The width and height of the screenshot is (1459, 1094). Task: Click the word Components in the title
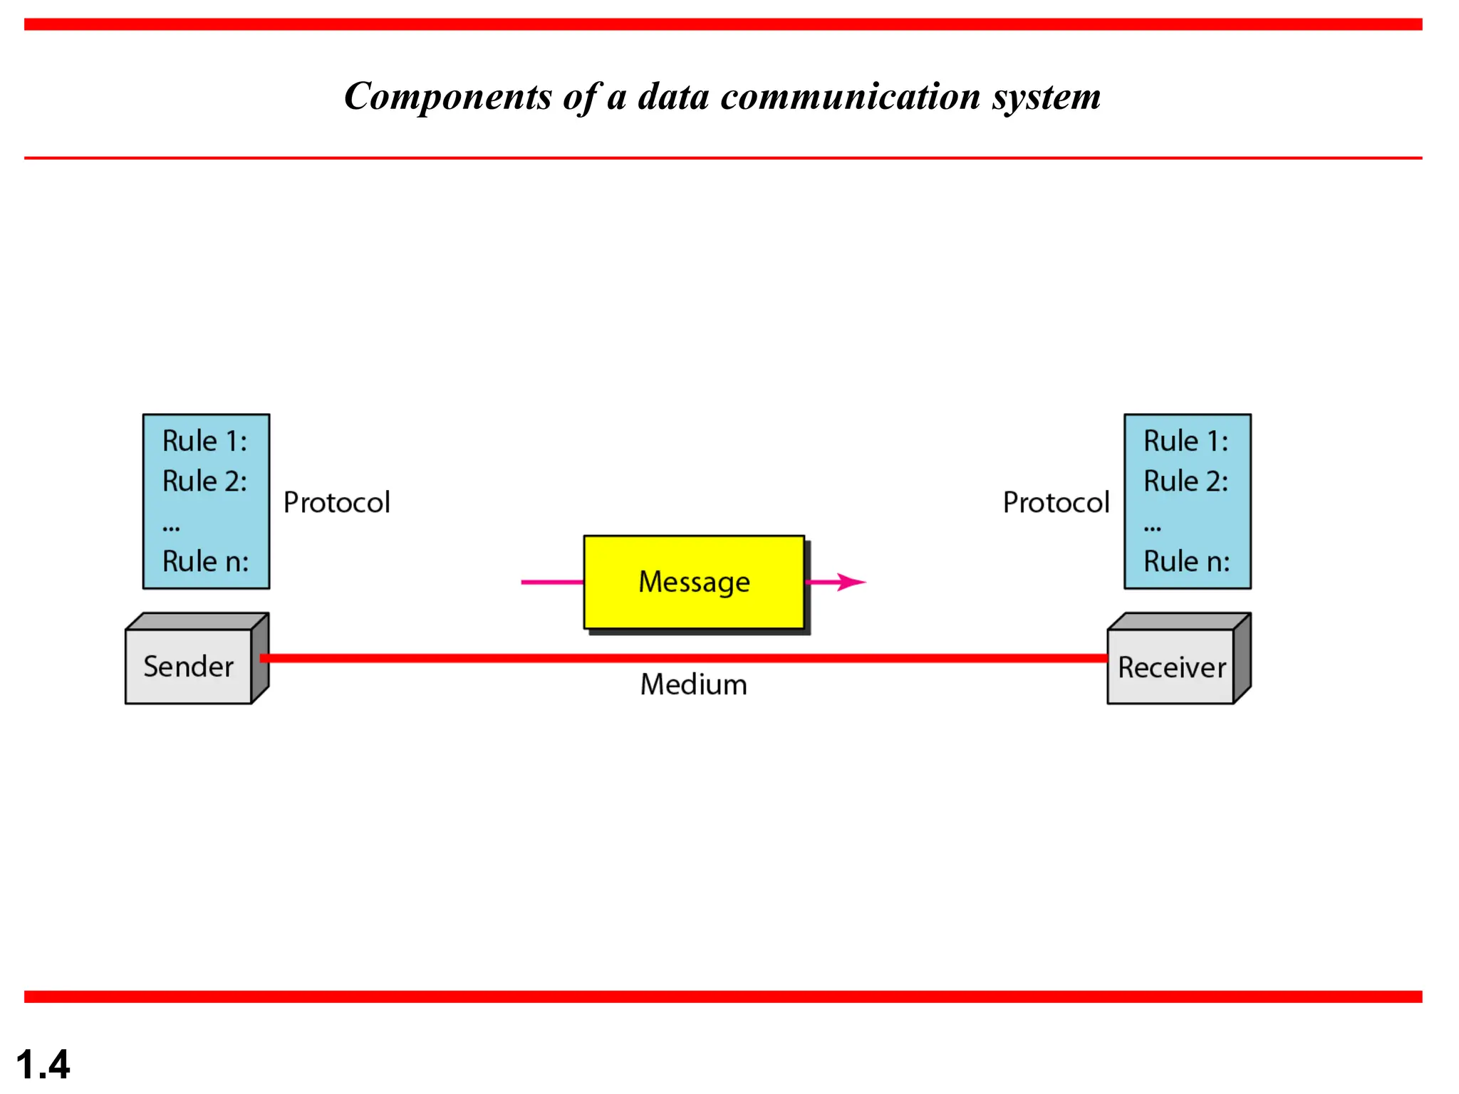[447, 97]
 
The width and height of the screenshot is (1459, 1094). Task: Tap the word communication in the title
[851, 97]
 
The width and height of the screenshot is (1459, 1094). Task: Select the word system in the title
[1047, 97]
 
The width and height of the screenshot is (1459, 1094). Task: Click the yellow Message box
[694, 582]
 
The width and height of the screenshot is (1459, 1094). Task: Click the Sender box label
[188, 667]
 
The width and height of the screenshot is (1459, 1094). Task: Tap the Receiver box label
[1171, 667]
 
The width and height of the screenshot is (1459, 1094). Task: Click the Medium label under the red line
[693, 684]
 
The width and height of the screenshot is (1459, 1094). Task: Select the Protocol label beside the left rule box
[336, 503]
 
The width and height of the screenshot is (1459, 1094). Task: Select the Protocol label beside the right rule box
[1056, 503]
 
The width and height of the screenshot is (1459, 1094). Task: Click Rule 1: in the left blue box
[204, 441]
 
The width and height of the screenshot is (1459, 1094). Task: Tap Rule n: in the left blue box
[205, 561]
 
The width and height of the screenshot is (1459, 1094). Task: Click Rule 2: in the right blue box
[1185, 481]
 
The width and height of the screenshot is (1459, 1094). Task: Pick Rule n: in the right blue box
[1186, 561]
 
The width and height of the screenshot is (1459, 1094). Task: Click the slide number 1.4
[43, 1065]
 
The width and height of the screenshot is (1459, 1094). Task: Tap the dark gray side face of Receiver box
[1242, 659]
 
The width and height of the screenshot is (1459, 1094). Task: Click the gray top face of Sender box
[196, 621]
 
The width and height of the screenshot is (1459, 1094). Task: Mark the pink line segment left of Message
[551, 582]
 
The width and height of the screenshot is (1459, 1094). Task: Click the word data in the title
[673, 97]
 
